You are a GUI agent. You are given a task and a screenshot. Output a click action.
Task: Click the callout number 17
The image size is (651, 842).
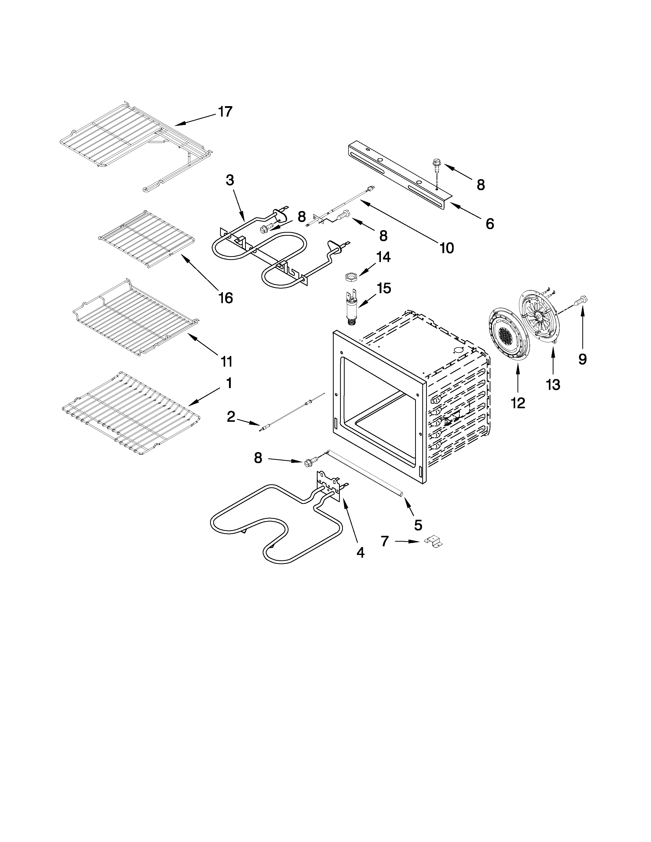click(225, 112)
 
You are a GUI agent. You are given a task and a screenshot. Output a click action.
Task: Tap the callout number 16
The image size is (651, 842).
click(226, 298)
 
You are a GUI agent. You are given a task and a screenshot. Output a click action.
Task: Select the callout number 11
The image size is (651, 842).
click(227, 361)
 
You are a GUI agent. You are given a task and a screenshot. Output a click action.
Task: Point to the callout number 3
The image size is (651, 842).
click(230, 180)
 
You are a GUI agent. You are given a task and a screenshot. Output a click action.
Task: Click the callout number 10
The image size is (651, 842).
click(447, 248)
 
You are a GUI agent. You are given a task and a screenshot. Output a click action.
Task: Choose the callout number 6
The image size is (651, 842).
click(489, 224)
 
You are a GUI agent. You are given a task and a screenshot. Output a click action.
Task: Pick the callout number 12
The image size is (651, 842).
click(518, 403)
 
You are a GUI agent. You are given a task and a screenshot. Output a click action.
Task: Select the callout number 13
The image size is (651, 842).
click(553, 384)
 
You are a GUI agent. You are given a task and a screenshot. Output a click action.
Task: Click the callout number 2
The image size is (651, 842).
click(231, 416)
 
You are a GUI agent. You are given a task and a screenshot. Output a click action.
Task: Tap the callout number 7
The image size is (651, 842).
click(384, 541)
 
